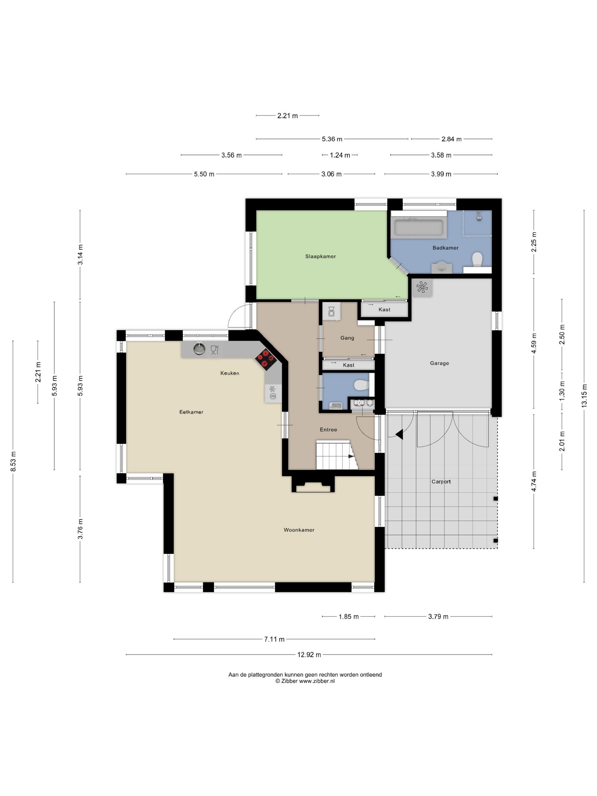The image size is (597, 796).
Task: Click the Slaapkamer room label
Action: click(320, 256)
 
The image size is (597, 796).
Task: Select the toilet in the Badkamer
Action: click(477, 259)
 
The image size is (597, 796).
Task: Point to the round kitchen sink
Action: click(199, 348)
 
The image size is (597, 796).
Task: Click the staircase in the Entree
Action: click(337, 455)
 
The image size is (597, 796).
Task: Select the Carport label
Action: click(441, 482)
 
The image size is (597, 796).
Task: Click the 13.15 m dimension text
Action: click(584, 395)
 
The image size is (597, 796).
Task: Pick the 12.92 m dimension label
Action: click(309, 655)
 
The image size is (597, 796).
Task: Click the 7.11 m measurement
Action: click(274, 639)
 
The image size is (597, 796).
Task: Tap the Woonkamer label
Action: click(299, 530)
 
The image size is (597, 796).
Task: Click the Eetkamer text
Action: click(191, 412)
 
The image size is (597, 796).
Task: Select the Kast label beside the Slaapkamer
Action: click(384, 310)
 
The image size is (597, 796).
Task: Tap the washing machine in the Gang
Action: click(331, 311)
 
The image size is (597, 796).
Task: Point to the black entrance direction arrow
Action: click(399, 434)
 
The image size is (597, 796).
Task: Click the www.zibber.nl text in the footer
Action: click(317, 681)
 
